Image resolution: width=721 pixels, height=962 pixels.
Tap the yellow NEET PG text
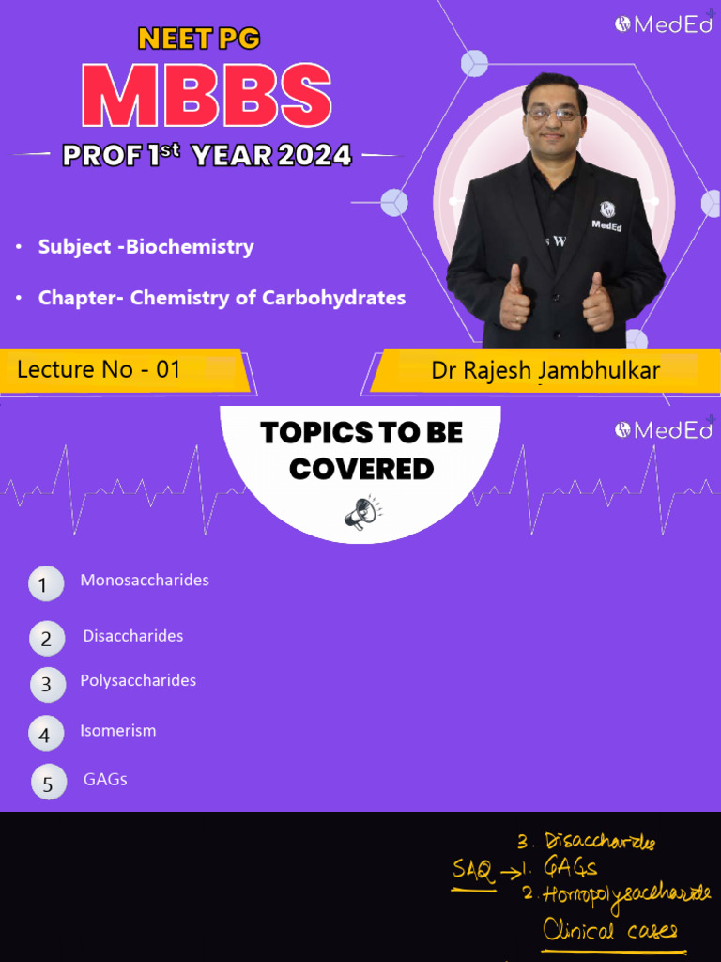coord(198,39)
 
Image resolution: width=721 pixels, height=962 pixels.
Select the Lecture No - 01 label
coord(99,369)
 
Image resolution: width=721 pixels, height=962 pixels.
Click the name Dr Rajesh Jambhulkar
coord(545,370)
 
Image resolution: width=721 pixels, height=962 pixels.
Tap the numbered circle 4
coord(45,734)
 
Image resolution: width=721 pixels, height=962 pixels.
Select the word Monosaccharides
coord(145,580)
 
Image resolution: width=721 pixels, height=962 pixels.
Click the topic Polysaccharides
coord(138,680)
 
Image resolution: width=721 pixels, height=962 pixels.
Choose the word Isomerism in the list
coord(118,730)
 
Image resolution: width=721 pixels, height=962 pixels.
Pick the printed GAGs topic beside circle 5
coord(105,779)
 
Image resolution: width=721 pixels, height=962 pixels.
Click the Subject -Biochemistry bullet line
coord(146,247)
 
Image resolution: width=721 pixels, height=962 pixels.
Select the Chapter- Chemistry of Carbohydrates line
coord(222,298)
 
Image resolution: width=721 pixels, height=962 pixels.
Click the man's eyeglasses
coord(554,114)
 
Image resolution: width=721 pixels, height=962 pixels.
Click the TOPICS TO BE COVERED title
coord(361,450)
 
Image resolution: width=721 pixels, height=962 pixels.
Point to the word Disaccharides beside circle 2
coord(133,636)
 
